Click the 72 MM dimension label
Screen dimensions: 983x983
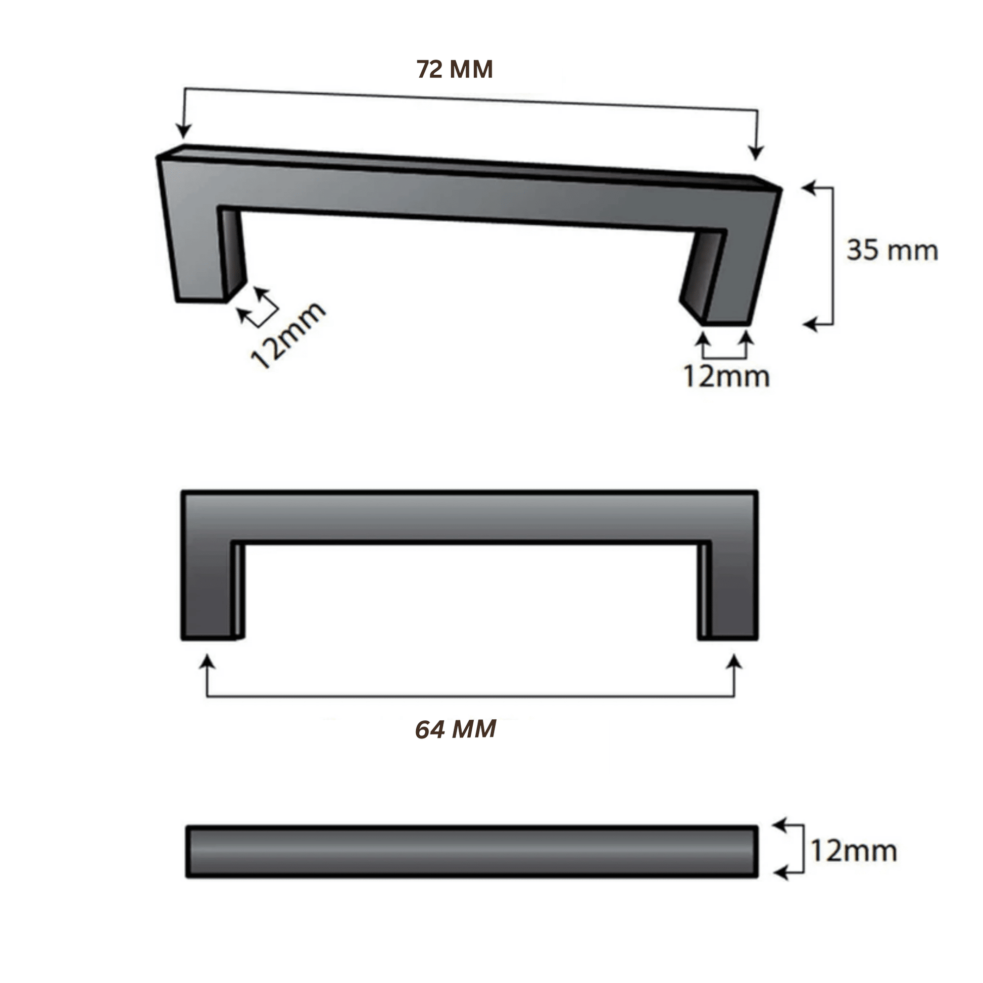(x=454, y=70)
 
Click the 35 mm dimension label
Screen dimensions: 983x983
(x=892, y=251)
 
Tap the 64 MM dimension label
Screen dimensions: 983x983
(x=455, y=729)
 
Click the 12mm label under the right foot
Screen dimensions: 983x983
(x=726, y=376)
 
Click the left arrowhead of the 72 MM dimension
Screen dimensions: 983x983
(x=183, y=131)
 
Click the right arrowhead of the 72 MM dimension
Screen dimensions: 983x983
(x=757, y=152)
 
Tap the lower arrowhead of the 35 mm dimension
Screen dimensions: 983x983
(x=810, y=324)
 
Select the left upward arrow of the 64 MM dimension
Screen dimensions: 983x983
(x=207, y=662)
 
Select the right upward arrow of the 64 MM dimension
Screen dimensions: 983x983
(x=733, y=662)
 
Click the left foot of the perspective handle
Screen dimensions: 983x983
(x=201, y=298)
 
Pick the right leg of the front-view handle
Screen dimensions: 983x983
(x=732, y=590)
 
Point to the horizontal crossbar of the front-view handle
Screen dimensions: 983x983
(x=469, y=516)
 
